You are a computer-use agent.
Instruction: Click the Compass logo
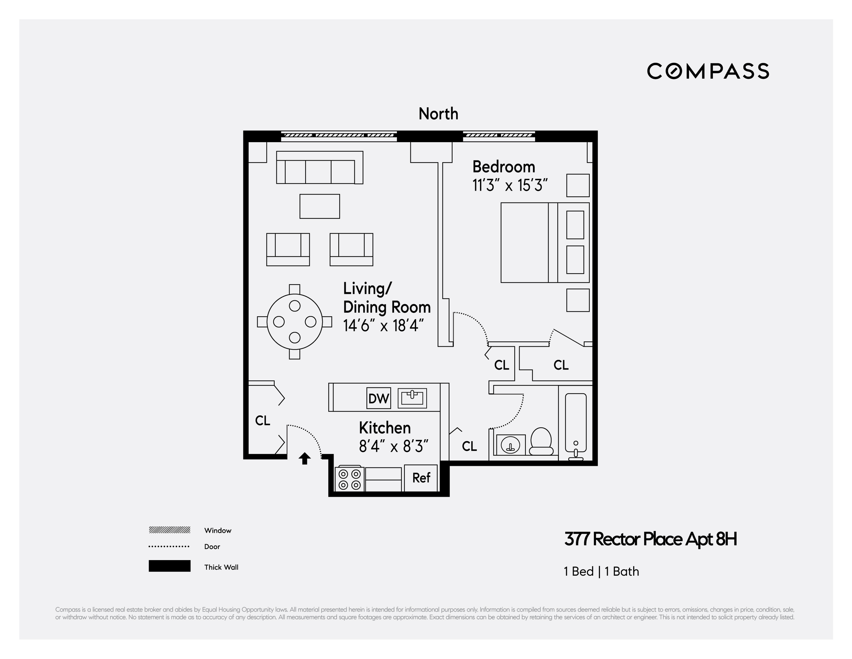click(708, 71)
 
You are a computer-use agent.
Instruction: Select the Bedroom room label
click(504, 167)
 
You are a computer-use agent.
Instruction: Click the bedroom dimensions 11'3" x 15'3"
click(510, 185)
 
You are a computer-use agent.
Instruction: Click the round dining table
click(294, 322)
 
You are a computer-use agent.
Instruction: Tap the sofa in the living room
click(319, 168)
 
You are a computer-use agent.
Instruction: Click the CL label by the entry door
click(262, 421)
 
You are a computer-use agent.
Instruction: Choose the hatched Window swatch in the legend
click(169, 530)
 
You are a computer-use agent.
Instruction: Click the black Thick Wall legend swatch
click(169, 566)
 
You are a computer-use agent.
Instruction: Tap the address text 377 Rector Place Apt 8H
click(650, 540)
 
